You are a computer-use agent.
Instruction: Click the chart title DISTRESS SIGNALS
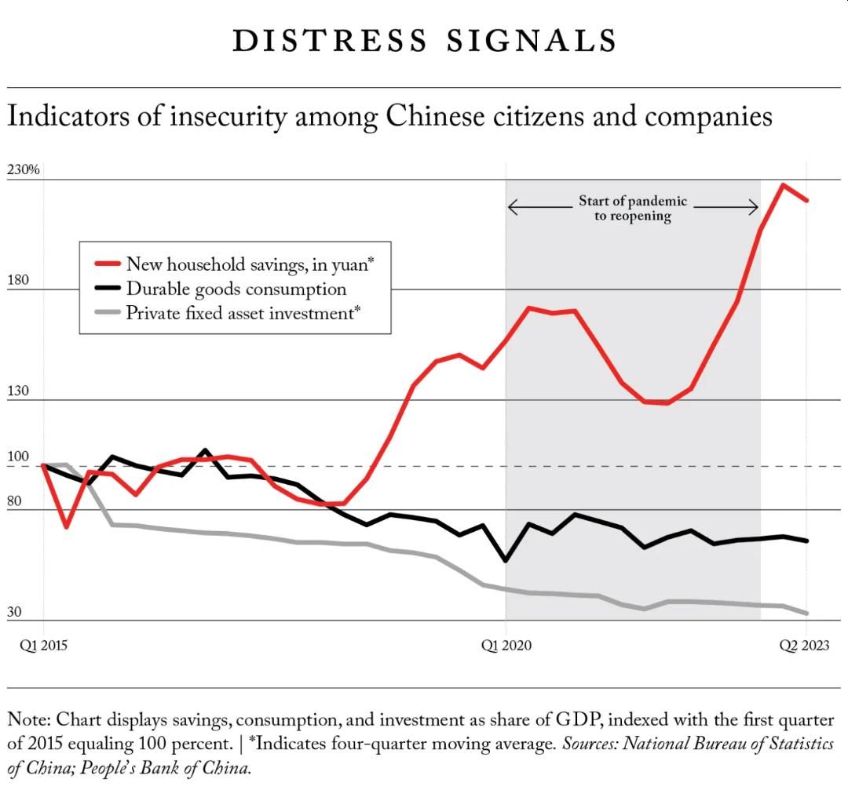(x=425, y=41)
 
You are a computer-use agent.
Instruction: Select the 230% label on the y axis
(x=24, y=169)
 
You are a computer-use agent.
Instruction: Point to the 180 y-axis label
(x=18, y=280)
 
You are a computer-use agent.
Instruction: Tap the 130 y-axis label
(x=18, y=390)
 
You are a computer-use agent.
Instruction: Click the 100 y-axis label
(x=18, y=456)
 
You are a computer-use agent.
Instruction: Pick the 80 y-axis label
(x=14, y=501)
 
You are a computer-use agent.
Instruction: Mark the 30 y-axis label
(x=14, y=611)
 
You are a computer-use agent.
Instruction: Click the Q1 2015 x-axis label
(x=43, y=645)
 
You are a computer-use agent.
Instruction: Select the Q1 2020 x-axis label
(x=506, y=645)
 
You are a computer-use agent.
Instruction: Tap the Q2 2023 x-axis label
(x=804, y=645)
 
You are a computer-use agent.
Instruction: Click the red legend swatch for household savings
(x=107, y=264)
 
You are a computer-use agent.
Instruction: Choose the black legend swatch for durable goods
(x=107, y=288)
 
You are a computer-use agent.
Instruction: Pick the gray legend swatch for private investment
(x=107, y=312)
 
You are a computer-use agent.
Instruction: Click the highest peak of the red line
(x=783, y=185)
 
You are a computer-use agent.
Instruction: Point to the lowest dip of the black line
(x=506, y=560)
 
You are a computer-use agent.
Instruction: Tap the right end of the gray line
(x=807, y=613)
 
